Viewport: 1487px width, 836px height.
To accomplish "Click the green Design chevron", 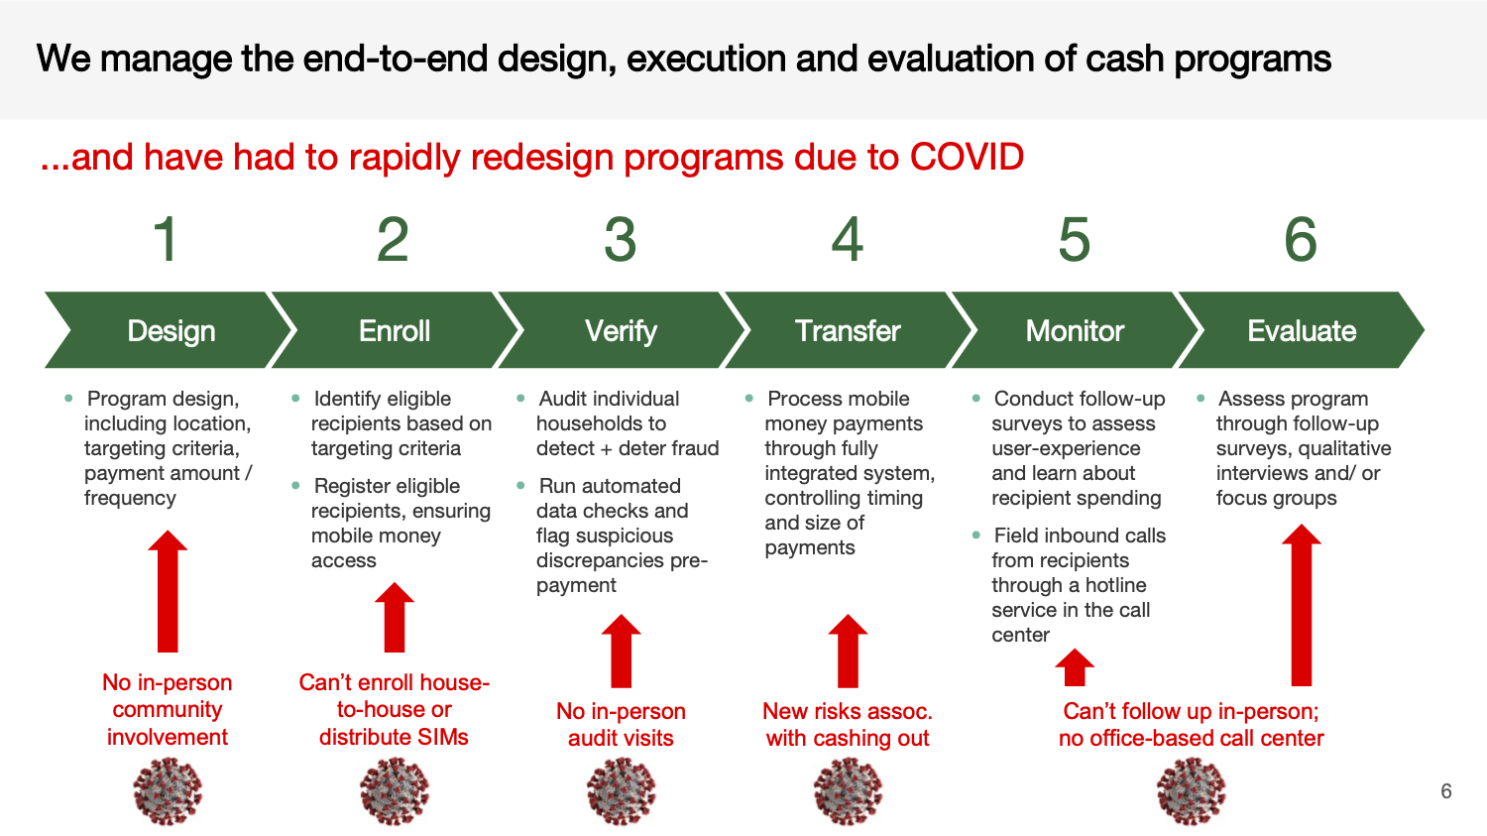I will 171,330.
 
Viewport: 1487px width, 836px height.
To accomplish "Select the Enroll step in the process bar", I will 395,330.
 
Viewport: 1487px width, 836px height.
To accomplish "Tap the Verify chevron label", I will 621,330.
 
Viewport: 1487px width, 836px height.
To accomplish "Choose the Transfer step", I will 848,330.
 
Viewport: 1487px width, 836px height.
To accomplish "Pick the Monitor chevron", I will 1075,330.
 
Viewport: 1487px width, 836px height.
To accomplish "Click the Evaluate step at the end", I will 1301,330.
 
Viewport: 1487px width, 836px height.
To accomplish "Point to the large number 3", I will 621,240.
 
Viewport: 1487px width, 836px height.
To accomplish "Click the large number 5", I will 1075,240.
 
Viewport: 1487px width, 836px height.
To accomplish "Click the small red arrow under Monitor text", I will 1075,667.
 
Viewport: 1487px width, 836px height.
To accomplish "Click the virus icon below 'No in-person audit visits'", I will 622,791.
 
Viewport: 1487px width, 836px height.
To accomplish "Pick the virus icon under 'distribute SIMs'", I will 395,791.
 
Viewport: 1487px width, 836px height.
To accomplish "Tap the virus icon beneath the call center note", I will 1191,791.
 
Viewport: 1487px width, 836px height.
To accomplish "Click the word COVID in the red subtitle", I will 967,157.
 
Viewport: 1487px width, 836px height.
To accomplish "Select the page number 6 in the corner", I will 1446,791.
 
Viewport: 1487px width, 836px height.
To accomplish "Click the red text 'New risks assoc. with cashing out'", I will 848,725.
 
